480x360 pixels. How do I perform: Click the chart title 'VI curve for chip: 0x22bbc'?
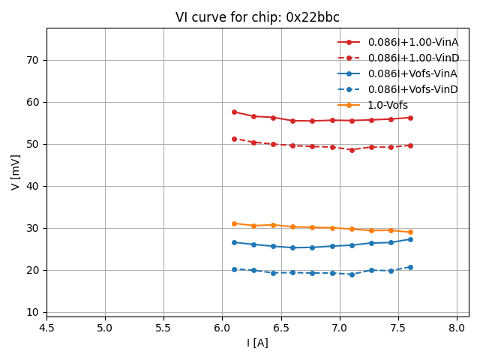[257, 17]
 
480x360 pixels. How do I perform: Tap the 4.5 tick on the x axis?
[46, 328]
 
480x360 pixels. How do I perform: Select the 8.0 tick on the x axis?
[457, 328]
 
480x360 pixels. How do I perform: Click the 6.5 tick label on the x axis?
[280, 328]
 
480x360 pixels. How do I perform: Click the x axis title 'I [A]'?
[257, 343]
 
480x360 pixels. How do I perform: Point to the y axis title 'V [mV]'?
[16, 172]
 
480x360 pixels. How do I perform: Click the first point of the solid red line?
[234, 112]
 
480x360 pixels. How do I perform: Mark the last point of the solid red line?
[410, 118]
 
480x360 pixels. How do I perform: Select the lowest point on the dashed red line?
[352, 150]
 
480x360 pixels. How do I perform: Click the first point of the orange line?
[234, 223]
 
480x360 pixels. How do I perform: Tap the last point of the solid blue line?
[410, 239]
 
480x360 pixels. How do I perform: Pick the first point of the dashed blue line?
[234, 269]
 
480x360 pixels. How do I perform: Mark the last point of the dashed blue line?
[410, 267]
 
